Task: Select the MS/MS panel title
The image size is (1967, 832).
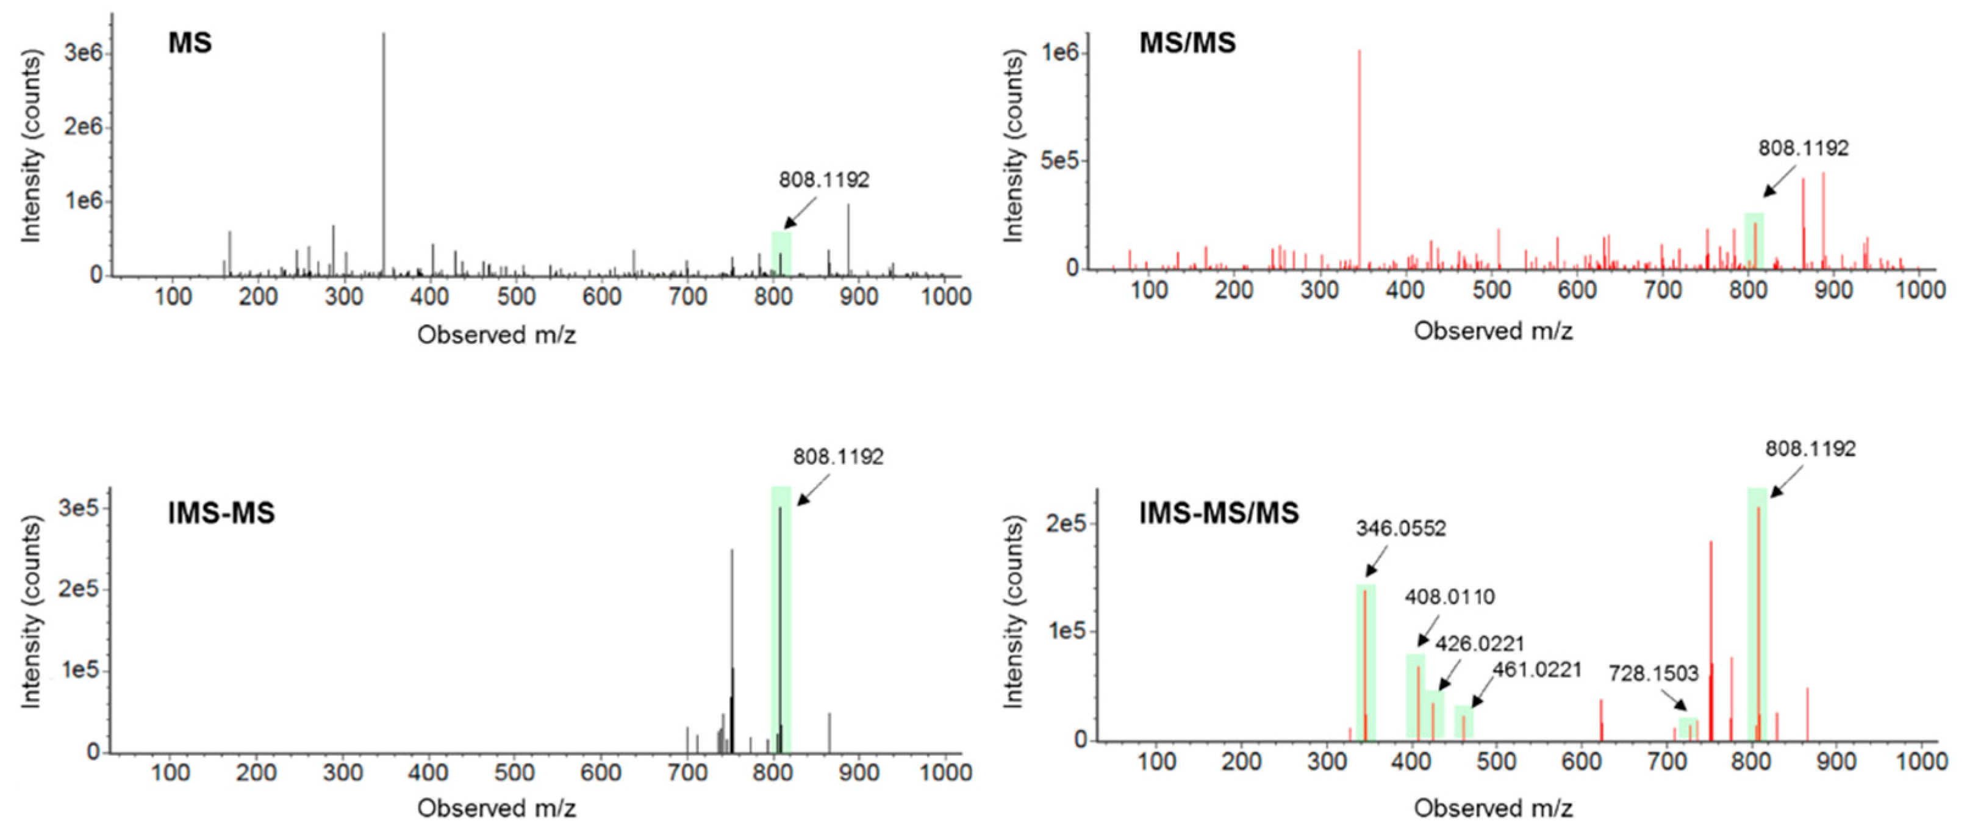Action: pos(1188,43)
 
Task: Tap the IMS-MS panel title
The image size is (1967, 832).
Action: pos(221,513)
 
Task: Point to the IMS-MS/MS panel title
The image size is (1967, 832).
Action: pos(1219,513)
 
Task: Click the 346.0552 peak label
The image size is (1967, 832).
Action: pos(1400,529)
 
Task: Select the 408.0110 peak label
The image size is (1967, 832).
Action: pos(1449,597)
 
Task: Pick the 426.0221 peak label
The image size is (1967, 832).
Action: pos(1479,644)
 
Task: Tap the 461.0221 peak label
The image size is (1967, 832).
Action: pos(1537,670)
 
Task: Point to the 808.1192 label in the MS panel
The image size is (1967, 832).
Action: pos(824,179)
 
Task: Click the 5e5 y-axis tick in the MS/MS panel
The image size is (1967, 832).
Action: pos(1058,161)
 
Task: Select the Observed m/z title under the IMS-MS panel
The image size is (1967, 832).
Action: pos(496,808)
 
